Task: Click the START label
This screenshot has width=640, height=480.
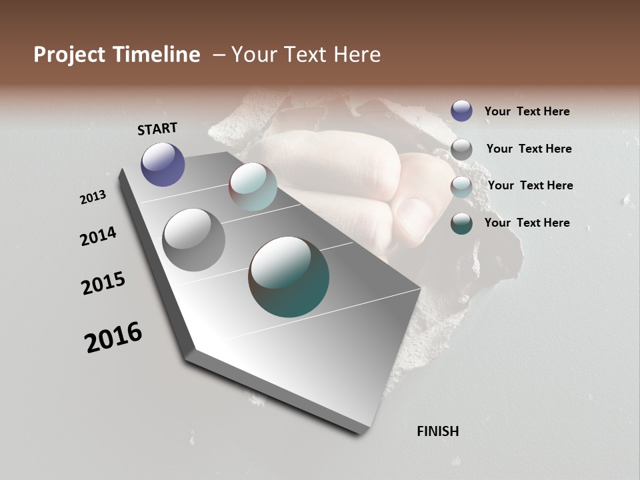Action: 157,129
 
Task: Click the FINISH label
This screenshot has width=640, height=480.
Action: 437,431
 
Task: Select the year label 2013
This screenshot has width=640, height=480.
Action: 93,197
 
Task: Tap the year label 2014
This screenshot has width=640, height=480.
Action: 98,236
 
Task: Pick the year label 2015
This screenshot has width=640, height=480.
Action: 103,283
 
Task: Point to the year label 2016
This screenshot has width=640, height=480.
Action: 113,337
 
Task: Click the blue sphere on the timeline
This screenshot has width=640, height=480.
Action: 163,164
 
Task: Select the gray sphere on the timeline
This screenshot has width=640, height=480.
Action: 194,240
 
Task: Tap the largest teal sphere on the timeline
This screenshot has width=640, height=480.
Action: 289,277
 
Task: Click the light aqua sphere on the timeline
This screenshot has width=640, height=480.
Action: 253,187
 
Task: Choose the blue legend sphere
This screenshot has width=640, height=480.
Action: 461,111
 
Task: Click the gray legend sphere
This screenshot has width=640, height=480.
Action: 461,149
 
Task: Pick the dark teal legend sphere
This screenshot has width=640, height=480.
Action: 461,223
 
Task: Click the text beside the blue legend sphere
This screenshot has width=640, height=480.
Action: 527,111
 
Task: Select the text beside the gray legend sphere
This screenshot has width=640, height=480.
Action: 529,149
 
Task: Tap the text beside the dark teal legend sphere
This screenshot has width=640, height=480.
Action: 527,223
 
